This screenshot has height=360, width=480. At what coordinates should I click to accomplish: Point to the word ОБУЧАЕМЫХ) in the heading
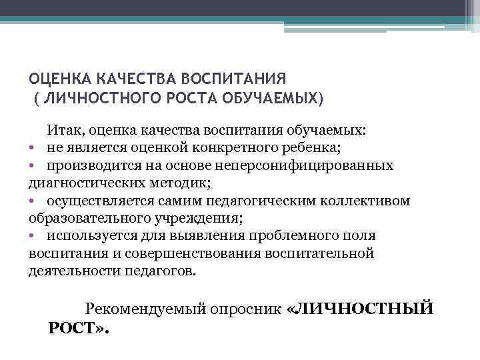point(279,99)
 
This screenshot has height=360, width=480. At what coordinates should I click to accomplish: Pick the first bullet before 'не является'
point(32,147)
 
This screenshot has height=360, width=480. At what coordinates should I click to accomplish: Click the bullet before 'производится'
point(32,165)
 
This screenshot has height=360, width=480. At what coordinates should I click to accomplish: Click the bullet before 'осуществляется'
point(32,201)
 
